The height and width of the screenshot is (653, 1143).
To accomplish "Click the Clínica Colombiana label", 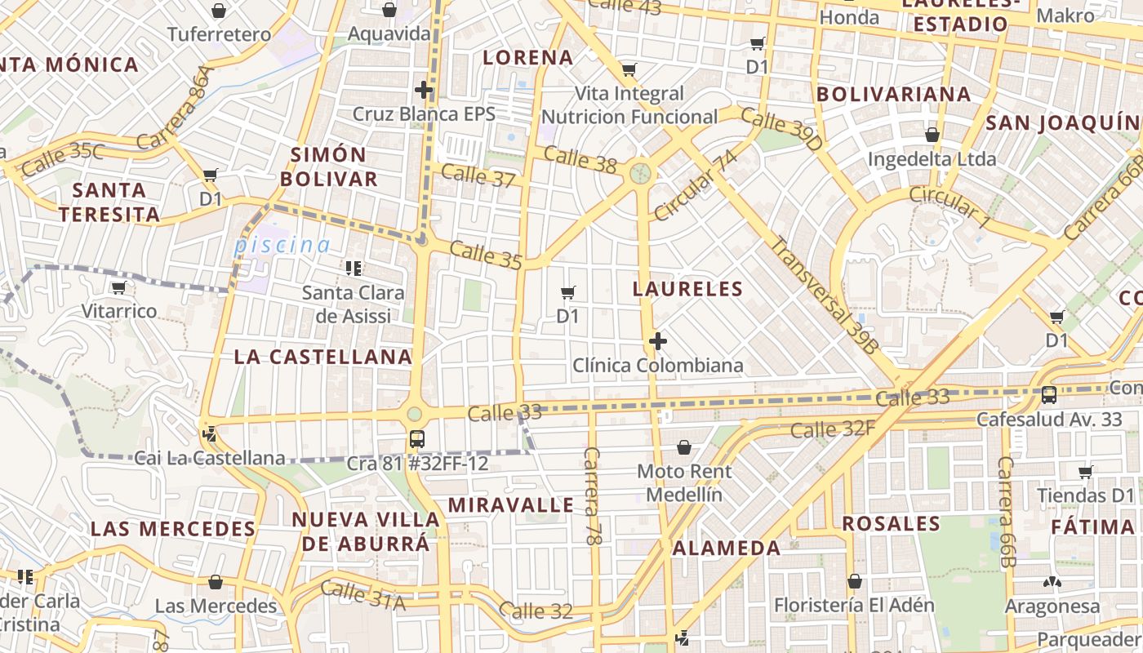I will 658,365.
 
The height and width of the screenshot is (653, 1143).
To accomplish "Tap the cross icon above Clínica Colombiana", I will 658,340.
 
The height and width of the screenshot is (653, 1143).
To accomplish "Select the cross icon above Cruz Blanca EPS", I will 424,90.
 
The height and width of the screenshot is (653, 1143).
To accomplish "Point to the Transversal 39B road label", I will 825,295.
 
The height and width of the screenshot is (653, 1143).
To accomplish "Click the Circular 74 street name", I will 695,186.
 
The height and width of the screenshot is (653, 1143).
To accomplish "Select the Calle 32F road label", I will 832,429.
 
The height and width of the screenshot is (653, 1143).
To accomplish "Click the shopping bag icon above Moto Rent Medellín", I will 684,447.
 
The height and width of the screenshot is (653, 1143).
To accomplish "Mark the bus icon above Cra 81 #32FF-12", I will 417,439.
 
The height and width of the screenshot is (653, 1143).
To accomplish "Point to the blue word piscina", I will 282,245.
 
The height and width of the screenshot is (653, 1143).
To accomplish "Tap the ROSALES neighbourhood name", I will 891,523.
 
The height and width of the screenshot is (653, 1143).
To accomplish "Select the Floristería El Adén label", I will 853,605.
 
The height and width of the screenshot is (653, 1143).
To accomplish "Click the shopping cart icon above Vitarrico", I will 119,287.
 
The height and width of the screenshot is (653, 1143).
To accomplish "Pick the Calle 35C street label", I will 63,159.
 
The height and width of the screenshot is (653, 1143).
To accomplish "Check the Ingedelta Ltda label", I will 932,158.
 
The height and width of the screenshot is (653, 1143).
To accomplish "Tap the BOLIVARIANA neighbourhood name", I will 894,94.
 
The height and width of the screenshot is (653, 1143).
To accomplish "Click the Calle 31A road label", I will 362,595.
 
